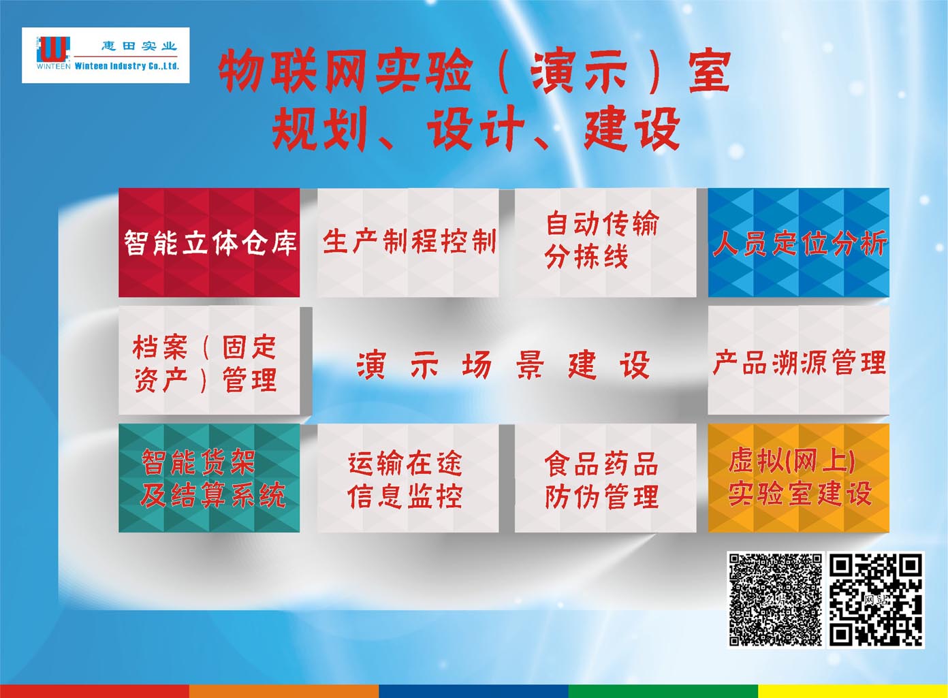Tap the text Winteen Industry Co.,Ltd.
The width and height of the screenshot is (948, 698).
(x=127, y=66)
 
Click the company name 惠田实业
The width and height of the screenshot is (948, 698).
(x=139, y=46)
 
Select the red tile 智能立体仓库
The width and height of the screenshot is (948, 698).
(x=209, y=242)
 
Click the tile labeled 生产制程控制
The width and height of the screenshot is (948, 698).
(x=408, y=242)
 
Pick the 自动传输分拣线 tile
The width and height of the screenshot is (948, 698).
(x=605, y=242)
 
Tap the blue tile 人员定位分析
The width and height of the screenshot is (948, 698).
(x=799, y=242)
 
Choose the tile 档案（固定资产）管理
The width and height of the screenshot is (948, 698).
(x=209, y=361)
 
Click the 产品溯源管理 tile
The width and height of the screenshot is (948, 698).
(x=799, y=361)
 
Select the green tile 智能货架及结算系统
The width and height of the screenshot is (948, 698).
(x=209, y=478)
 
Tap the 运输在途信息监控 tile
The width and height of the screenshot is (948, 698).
(x=408, y=478)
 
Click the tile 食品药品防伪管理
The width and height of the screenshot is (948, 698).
(x=605, y=478)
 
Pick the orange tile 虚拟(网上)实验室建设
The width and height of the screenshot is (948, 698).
(x=799, y=478)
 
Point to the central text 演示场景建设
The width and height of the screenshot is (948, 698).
(x=503, y=365)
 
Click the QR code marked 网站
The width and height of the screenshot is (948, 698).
(x=875, y=599)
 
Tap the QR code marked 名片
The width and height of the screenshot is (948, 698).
(x=775, y=599)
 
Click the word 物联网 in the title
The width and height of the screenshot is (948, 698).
(x=293, y=70)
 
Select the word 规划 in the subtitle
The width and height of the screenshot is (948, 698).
(x=319, y=128)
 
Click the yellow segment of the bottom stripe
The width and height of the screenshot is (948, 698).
(x=853, y=691)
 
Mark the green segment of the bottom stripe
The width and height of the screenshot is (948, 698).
(x=663, y=691)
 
